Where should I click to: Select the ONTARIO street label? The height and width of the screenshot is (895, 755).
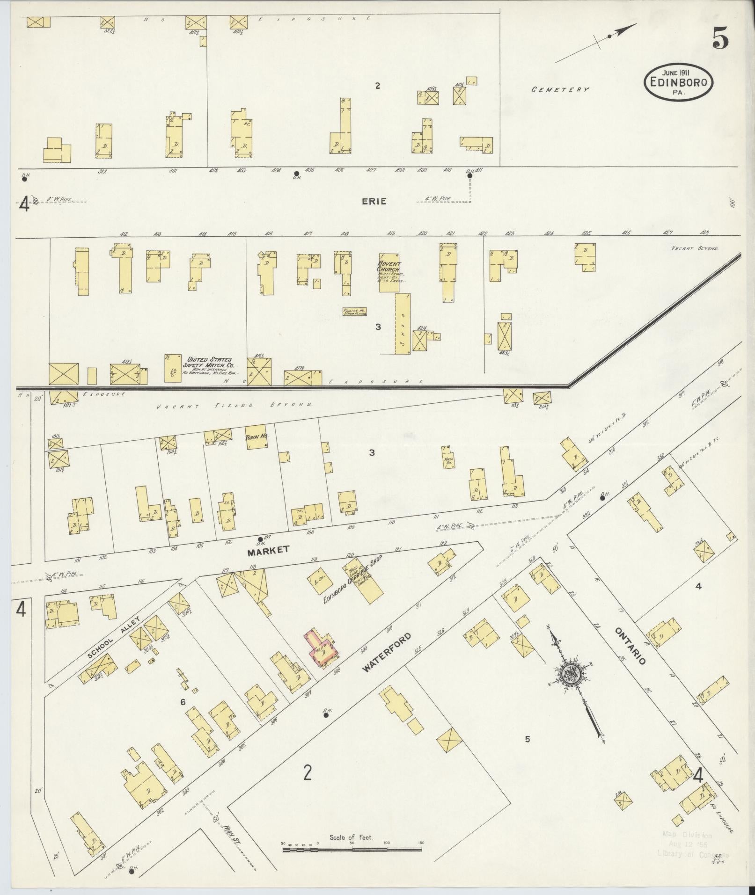pyautogui.click(x=630, y=647)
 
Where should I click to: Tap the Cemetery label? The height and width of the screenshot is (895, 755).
pyautogui.click(x=560, y=89)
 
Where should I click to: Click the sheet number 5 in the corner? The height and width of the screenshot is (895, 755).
pyautogui.click(x=720, y=39)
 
